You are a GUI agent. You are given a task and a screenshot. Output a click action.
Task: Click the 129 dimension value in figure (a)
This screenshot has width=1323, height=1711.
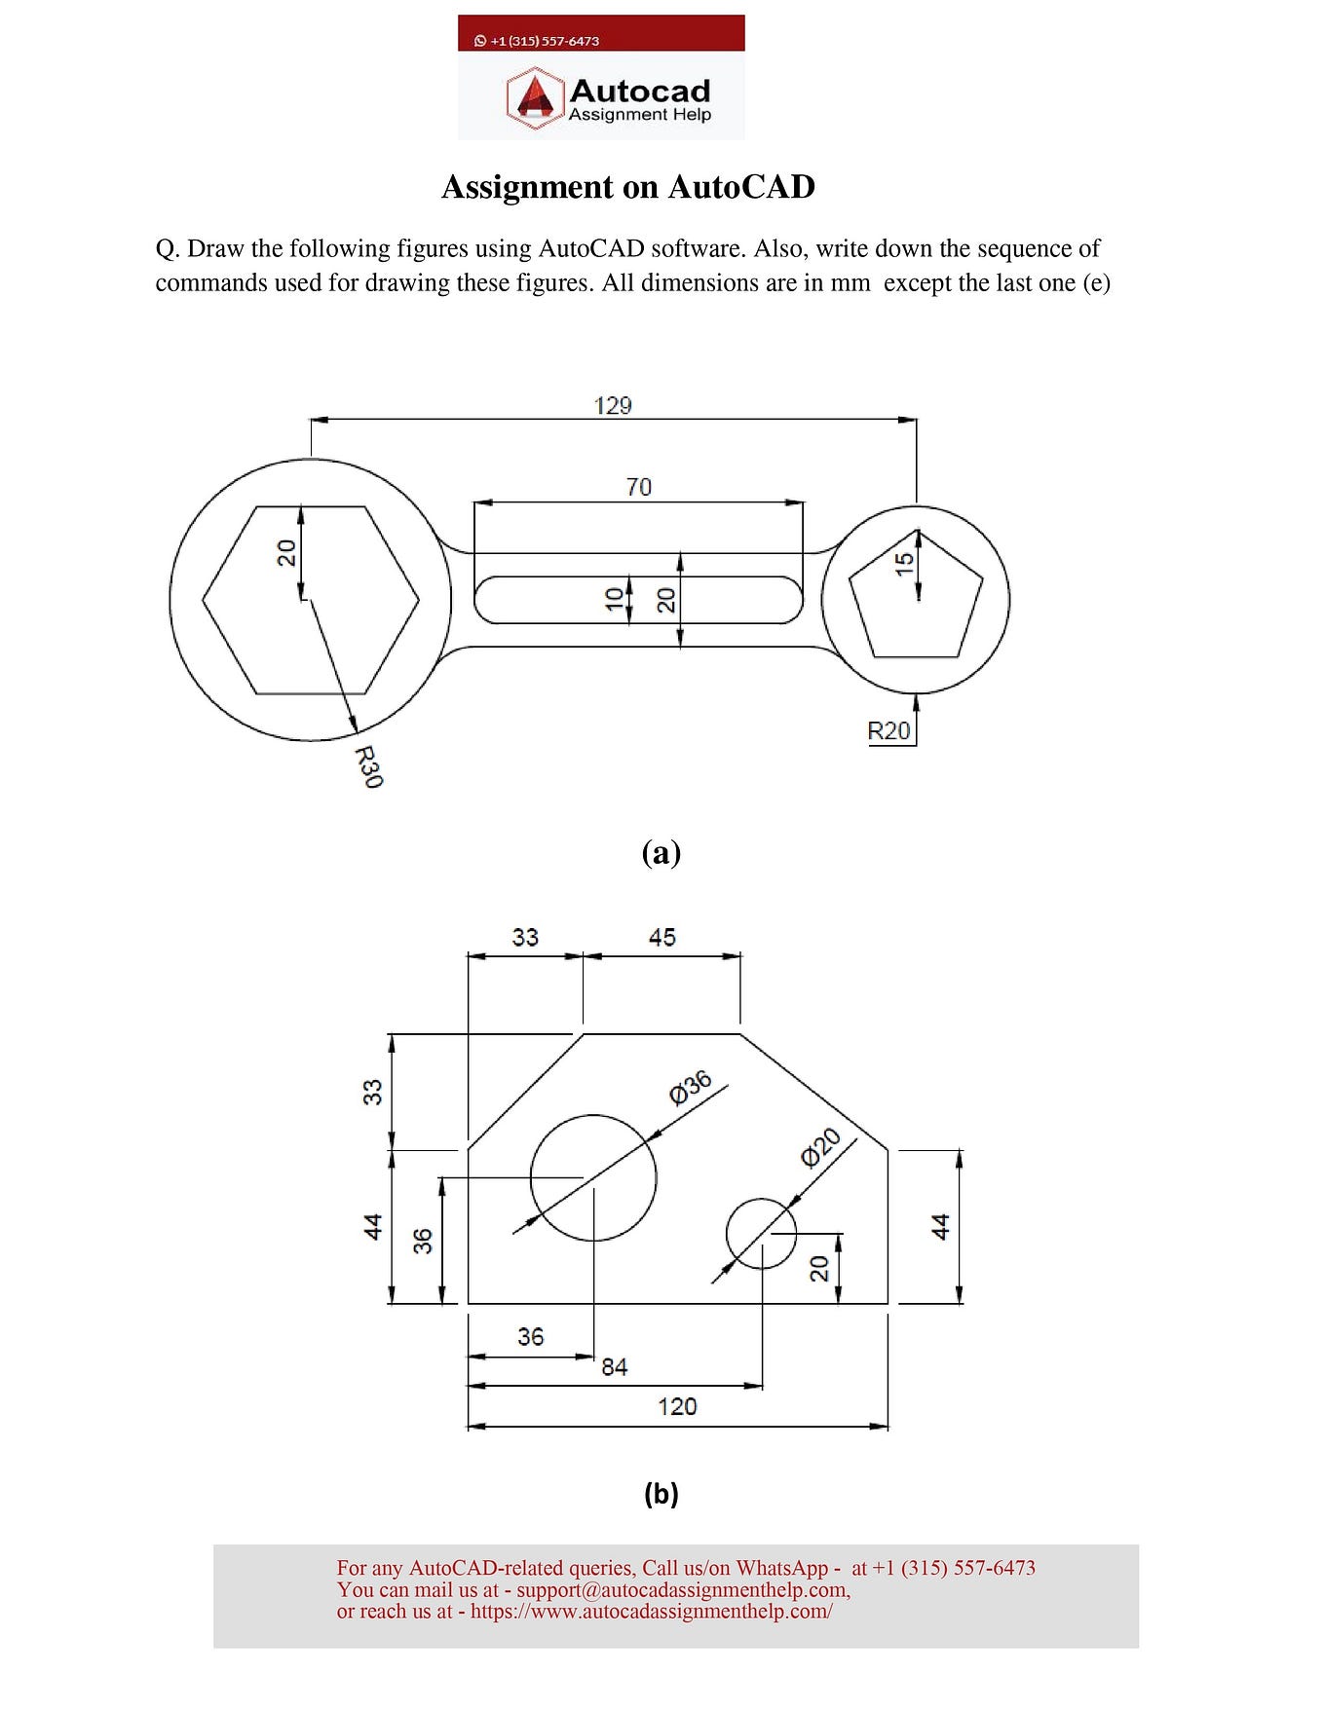click(613, 405)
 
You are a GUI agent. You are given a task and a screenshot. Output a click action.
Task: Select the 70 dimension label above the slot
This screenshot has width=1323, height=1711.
click(639, 487)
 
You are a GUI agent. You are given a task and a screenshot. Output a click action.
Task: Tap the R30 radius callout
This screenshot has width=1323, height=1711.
click(368, 767)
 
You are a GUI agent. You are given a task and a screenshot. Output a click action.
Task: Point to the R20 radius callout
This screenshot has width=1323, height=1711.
click(888, 731)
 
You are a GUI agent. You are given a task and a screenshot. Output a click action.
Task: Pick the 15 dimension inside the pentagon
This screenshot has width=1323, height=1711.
click(905, 564)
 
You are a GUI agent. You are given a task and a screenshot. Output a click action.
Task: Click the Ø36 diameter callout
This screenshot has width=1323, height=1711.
click(691, 1088)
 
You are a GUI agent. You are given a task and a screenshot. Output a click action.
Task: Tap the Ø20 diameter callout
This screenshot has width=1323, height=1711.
click(820, 1147)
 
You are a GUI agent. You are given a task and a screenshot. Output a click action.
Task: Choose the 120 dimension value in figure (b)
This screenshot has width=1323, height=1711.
click(677, 1406)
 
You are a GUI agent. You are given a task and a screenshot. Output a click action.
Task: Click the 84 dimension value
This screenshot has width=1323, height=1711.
click(615, 1367)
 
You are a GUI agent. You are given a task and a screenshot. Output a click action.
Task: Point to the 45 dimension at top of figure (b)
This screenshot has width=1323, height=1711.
click(662, 937)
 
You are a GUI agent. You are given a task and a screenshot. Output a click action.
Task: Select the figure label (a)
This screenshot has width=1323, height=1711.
click(661, 853)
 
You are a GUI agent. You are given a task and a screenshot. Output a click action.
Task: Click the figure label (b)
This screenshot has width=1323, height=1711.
click(661, 1493)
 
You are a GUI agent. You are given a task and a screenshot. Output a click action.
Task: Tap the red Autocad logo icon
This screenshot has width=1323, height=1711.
click(534, 98)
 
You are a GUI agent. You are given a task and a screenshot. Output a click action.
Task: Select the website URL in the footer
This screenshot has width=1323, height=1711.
click(651, 1612)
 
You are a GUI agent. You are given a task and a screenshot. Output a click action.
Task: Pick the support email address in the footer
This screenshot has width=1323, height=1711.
click(681, 1590)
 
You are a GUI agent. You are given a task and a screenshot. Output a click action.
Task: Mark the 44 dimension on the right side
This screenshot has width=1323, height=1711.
click(940, 1226)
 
